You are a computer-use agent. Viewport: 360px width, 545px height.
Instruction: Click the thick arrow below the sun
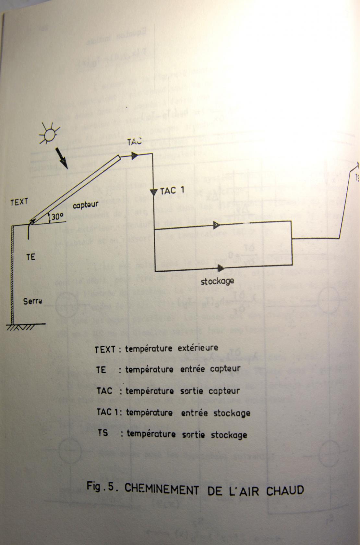(x=61, y=158)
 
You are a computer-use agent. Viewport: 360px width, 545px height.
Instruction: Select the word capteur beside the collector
(x=85, y=205)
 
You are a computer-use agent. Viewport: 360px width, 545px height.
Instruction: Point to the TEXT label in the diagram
(x=19, y=202)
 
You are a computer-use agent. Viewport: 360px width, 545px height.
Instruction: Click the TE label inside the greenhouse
(x=31, y=257)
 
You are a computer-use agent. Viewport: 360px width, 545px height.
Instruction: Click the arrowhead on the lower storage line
(x=221, y=268)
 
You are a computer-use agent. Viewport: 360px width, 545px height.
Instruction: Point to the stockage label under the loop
(x=217, y=281)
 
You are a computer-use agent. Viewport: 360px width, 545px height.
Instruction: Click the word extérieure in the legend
(x=198, y=348)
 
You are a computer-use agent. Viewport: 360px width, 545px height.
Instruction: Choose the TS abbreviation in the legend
(x=102, y=433)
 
